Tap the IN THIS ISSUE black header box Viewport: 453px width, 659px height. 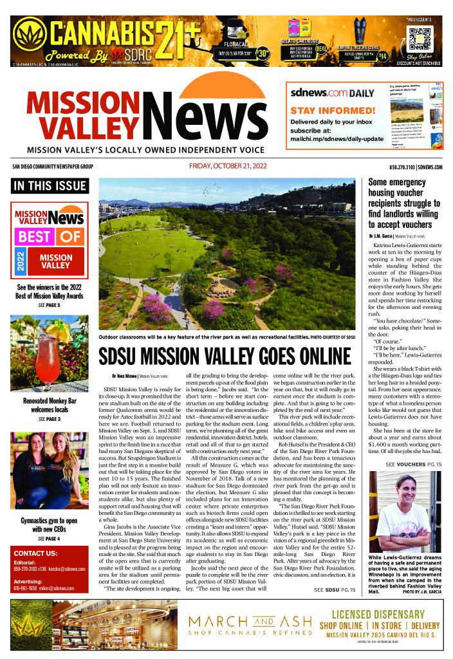(50, 186)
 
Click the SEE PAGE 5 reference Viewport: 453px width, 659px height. (50, 304)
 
